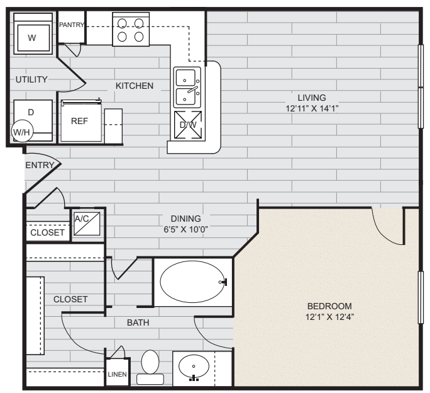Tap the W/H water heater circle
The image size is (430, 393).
[x=23, y=132]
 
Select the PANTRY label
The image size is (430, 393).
[x=72, y=25]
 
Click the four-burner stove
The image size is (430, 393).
[x=131, y=30]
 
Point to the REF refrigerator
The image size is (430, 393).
[x=79, y=122]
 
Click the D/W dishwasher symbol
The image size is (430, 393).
[x=188, y=124]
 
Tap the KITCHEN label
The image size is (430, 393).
[x=134, y=86]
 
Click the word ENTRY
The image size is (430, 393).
[x=38, y=165]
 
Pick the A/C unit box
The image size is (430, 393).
[x=82, y=224]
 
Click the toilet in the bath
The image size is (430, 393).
[x=150, y=366]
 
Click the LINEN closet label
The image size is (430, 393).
[x=118, y=375]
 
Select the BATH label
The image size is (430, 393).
[x=138, y=322]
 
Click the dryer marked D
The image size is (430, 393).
[x=31, y=112]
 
